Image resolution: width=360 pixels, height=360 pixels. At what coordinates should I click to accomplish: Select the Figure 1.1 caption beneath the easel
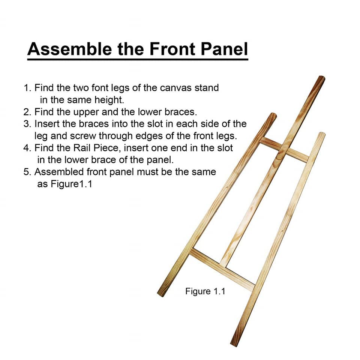tap(205, 291)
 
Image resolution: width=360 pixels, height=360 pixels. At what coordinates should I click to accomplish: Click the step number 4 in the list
tap(27, 148)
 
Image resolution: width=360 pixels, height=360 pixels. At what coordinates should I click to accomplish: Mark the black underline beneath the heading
tap(138, 58)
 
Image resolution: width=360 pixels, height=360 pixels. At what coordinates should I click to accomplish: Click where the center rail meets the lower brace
tap(224, 264)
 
